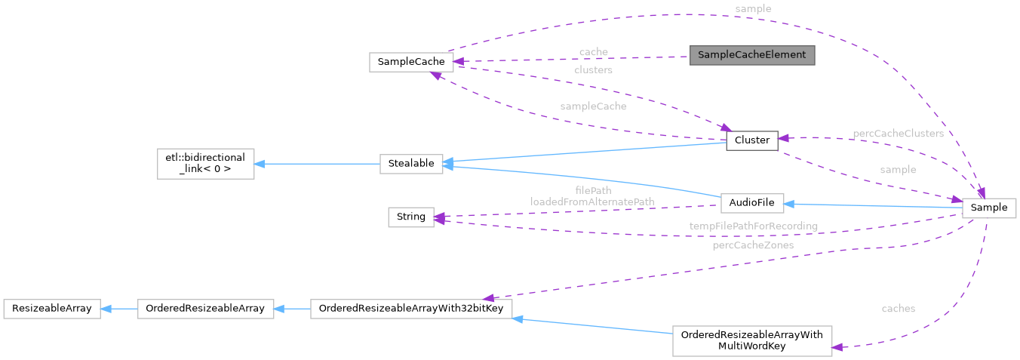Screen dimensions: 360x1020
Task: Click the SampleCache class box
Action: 411,62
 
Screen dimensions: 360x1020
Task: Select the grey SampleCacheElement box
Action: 751,55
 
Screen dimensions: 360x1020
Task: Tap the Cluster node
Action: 751,140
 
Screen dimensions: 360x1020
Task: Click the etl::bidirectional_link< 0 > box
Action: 205,164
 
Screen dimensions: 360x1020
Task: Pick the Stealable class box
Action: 410,164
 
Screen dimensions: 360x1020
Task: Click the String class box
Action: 410,217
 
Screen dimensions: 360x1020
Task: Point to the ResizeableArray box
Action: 52,309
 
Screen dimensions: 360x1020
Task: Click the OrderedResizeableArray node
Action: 205,309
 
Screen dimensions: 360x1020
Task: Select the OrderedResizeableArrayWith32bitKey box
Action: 411,309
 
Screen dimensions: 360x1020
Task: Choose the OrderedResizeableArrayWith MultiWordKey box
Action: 751,341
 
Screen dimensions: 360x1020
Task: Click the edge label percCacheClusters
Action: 898,134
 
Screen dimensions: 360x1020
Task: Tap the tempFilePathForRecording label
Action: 753,226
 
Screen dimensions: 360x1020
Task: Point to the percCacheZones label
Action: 751,245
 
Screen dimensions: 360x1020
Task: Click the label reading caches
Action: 898,309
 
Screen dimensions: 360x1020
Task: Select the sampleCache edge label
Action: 593,106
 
